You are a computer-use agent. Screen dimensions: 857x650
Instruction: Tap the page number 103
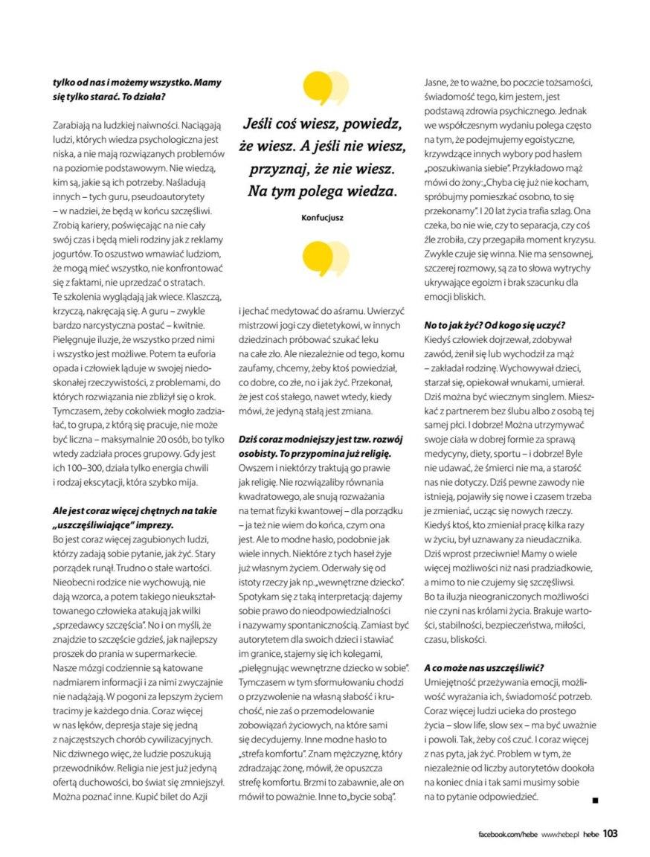tap(611, 833)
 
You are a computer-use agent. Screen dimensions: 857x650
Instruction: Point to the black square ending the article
tap(595, 800)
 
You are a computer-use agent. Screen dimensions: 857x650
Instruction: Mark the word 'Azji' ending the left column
tap(200, 797)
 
